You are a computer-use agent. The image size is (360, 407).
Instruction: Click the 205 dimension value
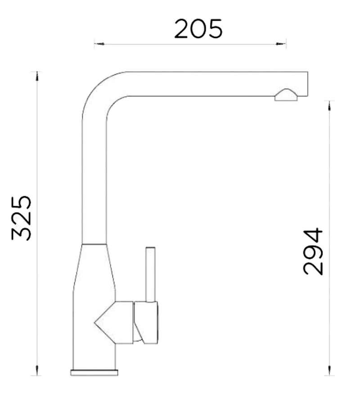tap(198, 29)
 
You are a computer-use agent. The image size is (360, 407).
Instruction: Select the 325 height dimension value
tap(21, 218)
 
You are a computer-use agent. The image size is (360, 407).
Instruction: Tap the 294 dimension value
tap(313, 251)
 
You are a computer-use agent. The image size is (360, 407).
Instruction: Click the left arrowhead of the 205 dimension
tap(99, 44)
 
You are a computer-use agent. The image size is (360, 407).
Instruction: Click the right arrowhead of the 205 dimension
tap(281, 44)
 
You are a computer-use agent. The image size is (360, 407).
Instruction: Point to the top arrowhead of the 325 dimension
tap(37, 76)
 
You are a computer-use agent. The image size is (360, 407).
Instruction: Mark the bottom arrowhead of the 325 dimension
tap(37, 371)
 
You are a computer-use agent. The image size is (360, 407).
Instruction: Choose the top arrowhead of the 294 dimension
tap(329, 105)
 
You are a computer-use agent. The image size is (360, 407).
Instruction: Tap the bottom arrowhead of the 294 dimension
tap(329, 371)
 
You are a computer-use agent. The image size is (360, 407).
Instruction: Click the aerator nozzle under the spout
tap(286, 95)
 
